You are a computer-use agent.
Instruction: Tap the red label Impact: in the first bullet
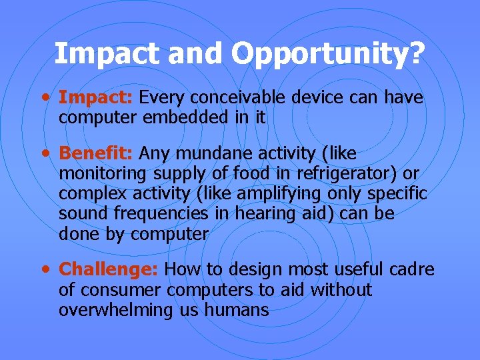[97, 98]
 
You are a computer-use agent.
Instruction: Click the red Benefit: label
[97, 153]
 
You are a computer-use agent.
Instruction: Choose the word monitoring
[103, 173]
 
